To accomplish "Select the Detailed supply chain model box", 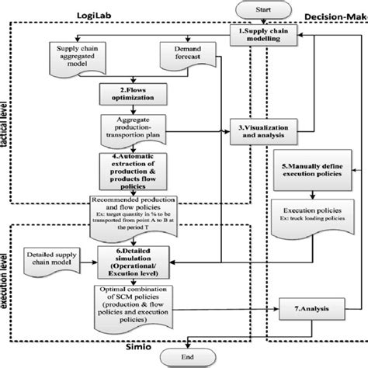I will tap(50, 259).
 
